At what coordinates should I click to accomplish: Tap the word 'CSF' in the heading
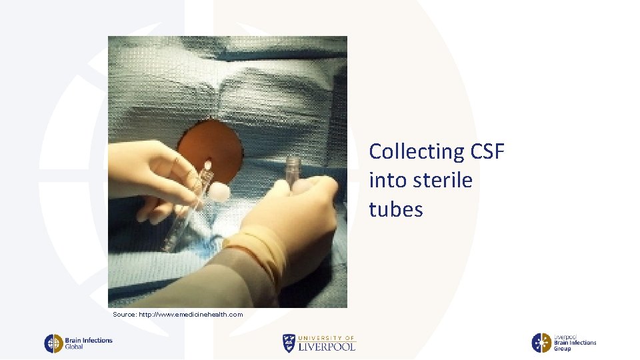click(482, 152)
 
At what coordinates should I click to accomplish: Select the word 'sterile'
click(441, 181)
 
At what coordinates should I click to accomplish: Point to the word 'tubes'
click(395, 209)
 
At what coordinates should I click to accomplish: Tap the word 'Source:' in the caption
click(125, 314)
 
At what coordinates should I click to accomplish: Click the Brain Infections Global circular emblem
click(53, 343)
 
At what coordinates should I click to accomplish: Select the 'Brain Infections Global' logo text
click(89, 343)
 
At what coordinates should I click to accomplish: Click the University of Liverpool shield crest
click(288, 343)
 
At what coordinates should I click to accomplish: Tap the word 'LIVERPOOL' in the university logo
click(327, 346)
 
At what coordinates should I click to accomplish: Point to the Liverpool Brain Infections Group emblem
click(541, 343)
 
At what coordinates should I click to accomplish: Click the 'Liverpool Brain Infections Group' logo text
click(574, 343)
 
